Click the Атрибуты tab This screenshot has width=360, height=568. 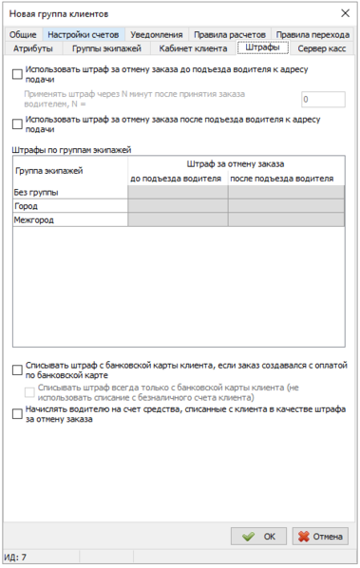click(x=33, y=47)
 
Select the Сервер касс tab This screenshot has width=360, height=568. click(x=321, y=47)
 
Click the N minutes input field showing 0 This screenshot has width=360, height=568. click(x=321, y=99)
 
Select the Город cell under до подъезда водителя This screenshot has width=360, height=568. click(x=178, y=205)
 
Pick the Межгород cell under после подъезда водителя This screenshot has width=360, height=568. click(x=286, y=219)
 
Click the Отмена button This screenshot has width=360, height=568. click(x=320, y=536)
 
